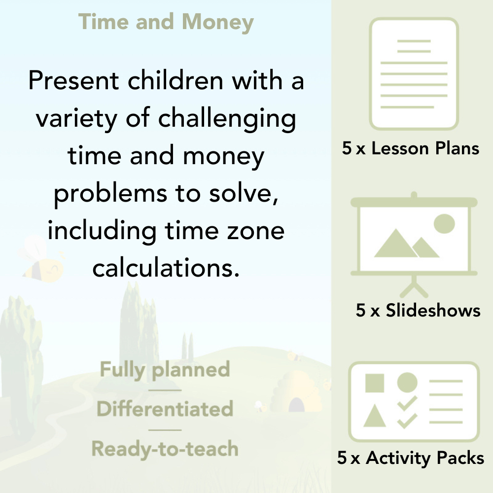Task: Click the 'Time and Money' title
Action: [x=166, y=22]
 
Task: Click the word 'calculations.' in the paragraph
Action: [x=166, y=268]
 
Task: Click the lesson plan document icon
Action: [x=414, y=74]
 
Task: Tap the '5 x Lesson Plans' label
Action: [x=411, y=148]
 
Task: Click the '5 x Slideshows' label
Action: [x=418, y=310]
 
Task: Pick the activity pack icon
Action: [x=414, y=402]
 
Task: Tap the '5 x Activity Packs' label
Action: [x=411, y=458]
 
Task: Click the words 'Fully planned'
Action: [x=165, y=370]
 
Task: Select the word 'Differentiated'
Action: [x=165, y=409]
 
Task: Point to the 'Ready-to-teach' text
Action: [x=165, y=449]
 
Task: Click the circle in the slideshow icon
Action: [x=444, y=223]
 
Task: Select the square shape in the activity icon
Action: [x=375, y=383]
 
